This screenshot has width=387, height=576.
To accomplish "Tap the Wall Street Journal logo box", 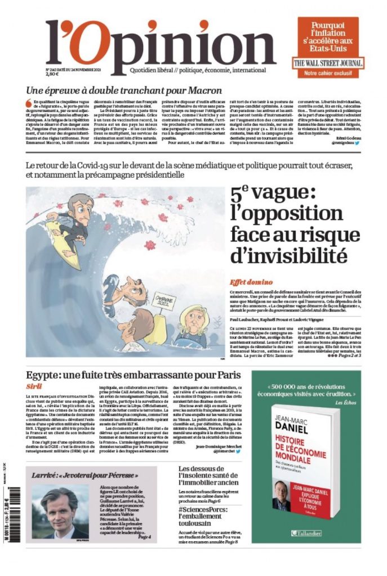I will pyautogui.click(x=328, y=63).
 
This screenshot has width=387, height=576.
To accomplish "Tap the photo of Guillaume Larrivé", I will pyautogui.click(x=60, y=512).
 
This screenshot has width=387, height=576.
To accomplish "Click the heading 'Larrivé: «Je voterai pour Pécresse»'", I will pyautogui.click(x=84, y=474).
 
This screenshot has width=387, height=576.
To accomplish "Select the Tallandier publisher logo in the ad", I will pyautogui.click(x=306, y=532).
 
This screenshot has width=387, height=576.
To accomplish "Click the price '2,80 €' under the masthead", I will pyautogui.click(x=52, y=74).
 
